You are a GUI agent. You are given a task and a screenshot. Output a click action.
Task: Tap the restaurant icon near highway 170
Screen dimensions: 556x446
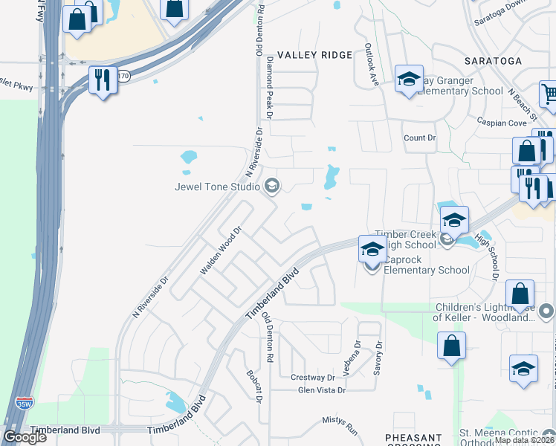coord(103,80)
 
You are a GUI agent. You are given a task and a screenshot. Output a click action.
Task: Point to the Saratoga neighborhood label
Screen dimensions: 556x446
coord(494,60)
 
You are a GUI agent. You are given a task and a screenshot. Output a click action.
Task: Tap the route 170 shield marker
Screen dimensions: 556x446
coord(124,76)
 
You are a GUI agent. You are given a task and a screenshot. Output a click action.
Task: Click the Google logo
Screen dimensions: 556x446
coord(25,437)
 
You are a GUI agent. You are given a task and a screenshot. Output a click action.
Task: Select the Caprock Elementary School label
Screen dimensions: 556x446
coord(426,270)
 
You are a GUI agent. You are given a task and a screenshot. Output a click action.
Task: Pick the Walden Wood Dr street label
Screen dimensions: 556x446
coord(221,251)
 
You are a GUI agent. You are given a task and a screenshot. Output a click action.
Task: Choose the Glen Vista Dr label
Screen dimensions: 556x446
coord(322,390)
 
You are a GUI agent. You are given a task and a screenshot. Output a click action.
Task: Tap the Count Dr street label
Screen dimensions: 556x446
coord(419,138)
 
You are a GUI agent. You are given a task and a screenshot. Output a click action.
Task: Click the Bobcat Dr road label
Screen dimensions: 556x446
coord(254,387)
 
